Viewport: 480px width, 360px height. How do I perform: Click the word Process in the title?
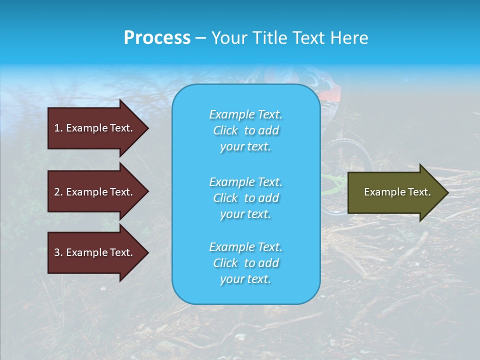coord(157,38)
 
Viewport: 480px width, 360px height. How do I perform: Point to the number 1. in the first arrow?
coord(58,128)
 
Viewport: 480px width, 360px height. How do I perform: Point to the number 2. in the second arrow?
coord(58,192)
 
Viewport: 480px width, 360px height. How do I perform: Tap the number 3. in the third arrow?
coord(58,252)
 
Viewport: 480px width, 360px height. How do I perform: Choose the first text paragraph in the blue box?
coord(245,130)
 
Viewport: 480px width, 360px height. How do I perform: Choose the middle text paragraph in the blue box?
coord(245,198)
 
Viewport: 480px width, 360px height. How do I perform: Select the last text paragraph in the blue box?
coord(245,263)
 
